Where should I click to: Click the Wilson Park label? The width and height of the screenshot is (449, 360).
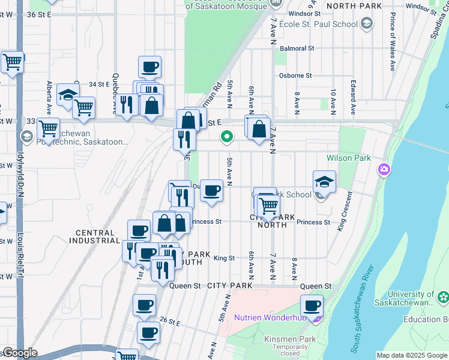[348, 158]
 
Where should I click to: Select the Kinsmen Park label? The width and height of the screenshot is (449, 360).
[282, 340]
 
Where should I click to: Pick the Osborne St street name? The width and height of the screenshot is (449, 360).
[296, 76]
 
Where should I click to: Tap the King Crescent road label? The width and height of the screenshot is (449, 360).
[343, 211]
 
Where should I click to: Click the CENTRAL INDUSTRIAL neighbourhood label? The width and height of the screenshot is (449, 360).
[97, 236]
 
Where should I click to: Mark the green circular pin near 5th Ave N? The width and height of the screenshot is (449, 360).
[227, 137]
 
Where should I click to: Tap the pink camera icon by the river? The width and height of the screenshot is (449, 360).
[384, 170]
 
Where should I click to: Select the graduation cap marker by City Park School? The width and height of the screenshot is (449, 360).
[324, 181]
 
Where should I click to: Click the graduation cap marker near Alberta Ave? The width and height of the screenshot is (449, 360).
[68, 95]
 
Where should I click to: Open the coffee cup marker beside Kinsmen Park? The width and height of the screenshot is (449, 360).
[312, 306]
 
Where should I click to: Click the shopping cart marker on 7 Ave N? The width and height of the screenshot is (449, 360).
[268, 206]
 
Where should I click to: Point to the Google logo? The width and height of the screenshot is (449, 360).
[20, 353]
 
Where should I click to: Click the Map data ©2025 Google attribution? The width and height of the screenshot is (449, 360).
[411, 355]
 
